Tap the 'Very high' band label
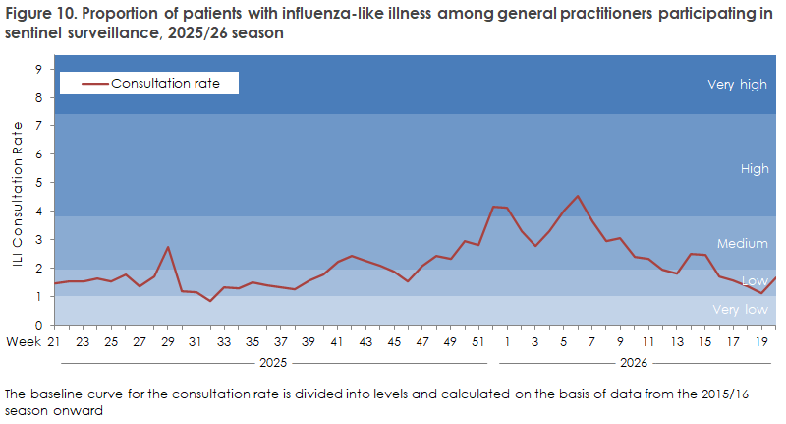(737, 85)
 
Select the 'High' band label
(755, 168)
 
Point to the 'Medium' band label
(743, 243)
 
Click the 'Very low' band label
(740, 310)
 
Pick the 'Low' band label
(755, 281)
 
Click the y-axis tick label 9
(38, 69)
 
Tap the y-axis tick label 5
(38, 183)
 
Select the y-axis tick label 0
(38, 326)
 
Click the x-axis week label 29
(167, 341)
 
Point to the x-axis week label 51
(478, 341)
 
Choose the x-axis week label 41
(336, 341)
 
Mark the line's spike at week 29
(168, 247)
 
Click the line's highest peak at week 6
(578, 196)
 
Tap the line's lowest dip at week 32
(210, 301)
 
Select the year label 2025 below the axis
(273, 363)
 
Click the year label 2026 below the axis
(634, 363)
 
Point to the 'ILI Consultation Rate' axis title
(18, 193)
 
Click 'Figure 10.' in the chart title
(38, 13)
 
